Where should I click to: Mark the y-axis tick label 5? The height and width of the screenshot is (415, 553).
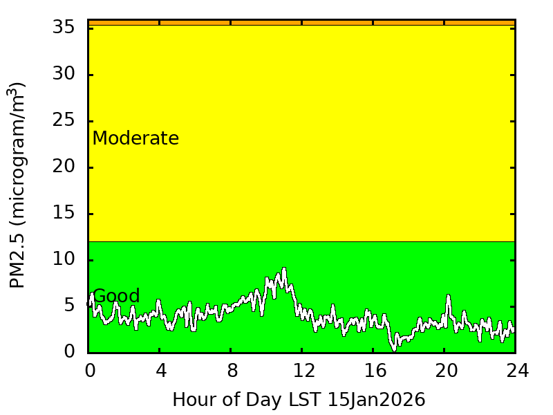69,306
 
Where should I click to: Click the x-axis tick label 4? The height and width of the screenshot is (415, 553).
160,371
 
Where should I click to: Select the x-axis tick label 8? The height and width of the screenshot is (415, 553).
232,371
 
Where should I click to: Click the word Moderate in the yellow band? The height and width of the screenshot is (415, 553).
135,139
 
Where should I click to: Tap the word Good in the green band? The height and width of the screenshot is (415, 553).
116,297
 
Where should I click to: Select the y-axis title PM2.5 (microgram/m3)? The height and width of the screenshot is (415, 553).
17,185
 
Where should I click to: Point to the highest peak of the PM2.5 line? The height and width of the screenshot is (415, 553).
283,269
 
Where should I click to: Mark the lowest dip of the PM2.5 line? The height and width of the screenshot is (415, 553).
394,349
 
